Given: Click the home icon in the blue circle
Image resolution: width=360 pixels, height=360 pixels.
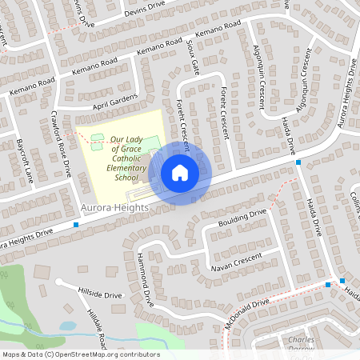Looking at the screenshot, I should pyautogui.click(x=180, y=173).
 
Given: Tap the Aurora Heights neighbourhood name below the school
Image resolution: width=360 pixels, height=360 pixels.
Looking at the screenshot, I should pyautogui.click(x=114, y=208).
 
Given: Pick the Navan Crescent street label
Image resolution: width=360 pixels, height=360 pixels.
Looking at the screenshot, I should pyautogui.click(x=236, y=260).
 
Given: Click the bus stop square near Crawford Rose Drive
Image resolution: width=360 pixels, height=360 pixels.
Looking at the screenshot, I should pyautogui.click(x=76, y=225).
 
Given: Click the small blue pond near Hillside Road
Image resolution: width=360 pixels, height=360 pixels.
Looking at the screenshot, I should pyautogui.click(x=68, y=326).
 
